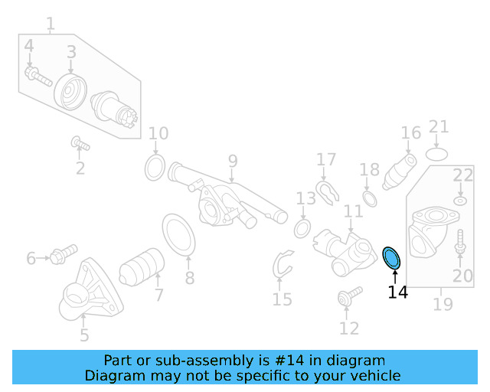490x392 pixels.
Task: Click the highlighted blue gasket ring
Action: click(391, 258)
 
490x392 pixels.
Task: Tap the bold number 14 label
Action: click(397, 292)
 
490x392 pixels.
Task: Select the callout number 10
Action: click(158, 134)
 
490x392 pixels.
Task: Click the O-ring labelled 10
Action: click(155, 166)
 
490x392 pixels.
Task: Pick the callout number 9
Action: click(233, 162)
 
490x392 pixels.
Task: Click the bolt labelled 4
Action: click(37, 76)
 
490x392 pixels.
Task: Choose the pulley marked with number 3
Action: click(70, 92)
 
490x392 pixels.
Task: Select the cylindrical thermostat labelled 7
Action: click(143, 266)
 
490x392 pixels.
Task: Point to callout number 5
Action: click(83, 335)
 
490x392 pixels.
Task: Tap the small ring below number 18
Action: click(369, 198)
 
